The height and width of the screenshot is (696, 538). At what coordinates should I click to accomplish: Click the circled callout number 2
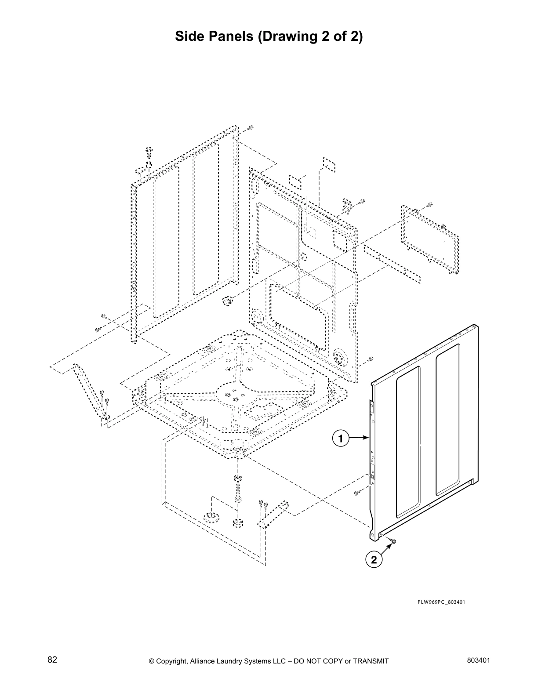coord(374,560)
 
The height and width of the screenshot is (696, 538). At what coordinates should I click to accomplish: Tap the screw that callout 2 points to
coord(393,541)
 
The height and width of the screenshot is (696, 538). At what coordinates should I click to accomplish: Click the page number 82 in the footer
coord(52,660)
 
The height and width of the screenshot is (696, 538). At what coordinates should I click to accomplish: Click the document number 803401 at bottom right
coord(479,660)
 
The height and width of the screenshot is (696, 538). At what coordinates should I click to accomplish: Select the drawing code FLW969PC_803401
coord(441,602)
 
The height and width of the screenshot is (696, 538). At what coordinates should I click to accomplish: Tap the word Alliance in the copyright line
coord(205,661)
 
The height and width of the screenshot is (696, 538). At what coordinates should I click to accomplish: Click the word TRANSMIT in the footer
coord(371,661)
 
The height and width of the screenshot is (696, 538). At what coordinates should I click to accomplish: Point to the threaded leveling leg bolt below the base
coord(238,490)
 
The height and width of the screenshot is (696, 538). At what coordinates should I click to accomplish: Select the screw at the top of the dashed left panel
coord(149,152)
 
